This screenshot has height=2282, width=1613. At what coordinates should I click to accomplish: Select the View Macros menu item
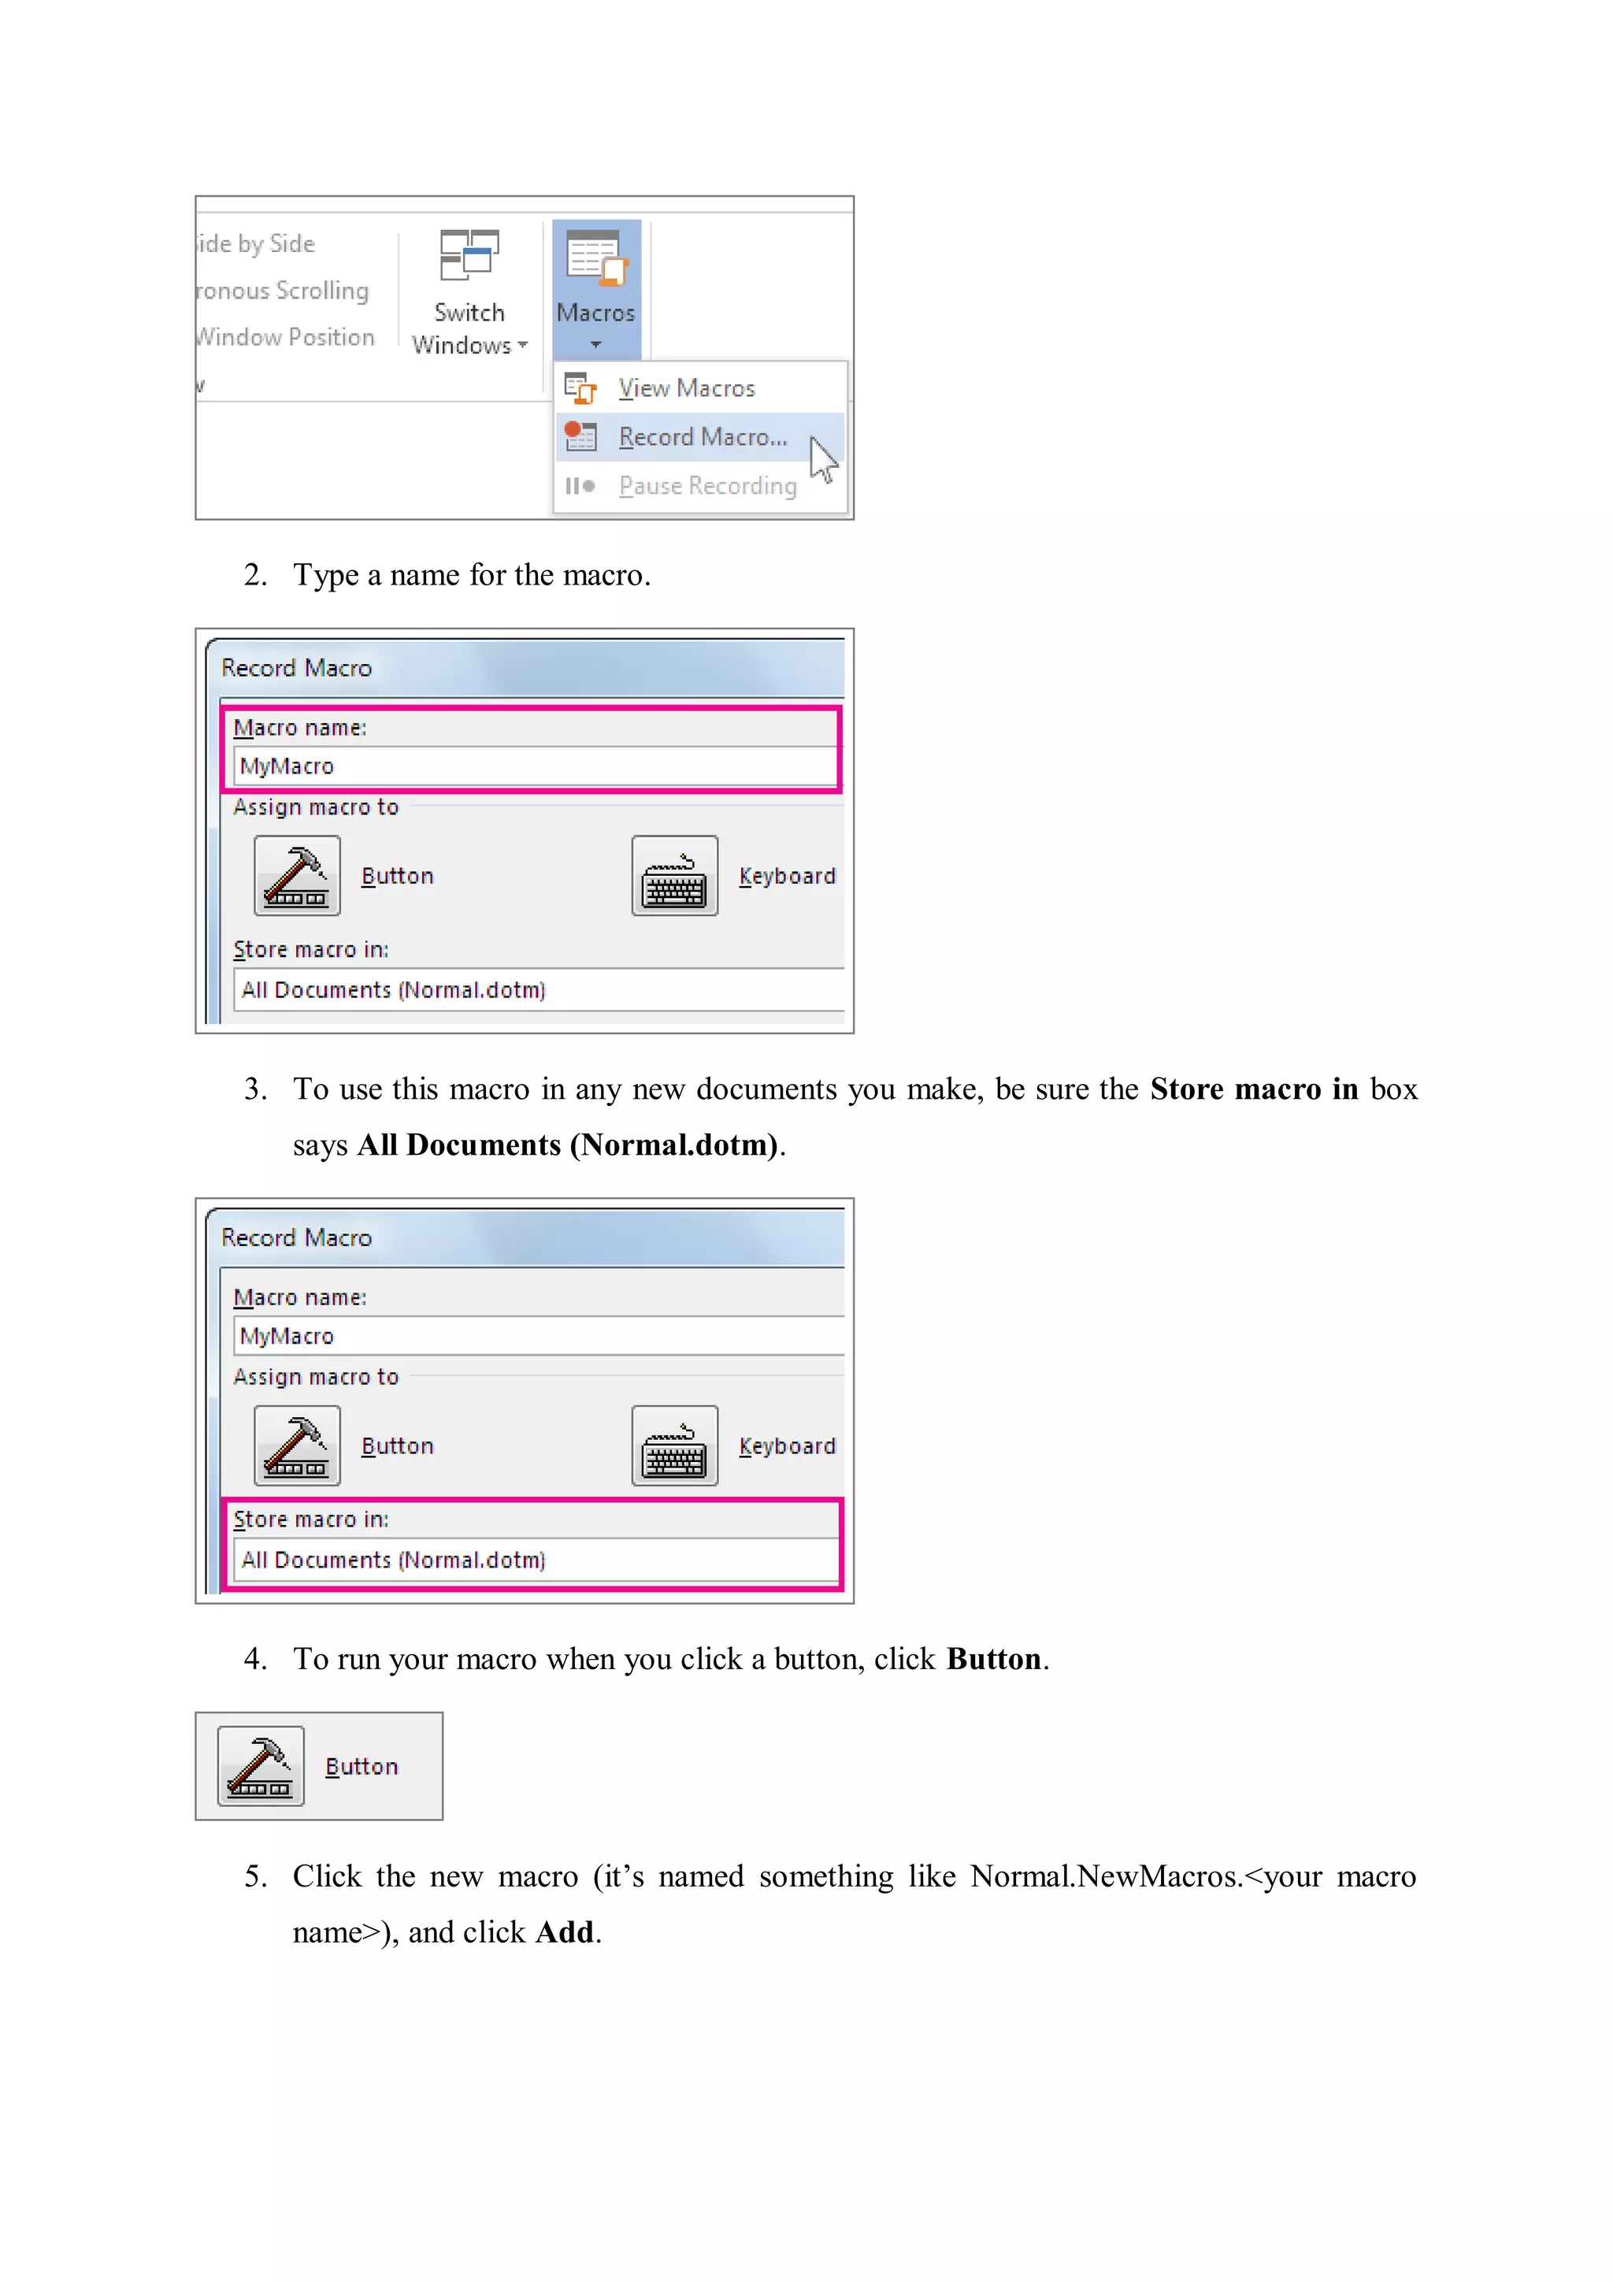(x=686, y=388)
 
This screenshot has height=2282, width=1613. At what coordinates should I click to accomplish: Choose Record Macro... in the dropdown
(x=702, y=437)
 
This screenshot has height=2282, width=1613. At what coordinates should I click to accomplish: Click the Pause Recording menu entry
(x=706, y=486)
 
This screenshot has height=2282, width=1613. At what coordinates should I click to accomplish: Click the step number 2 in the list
(x=254, y=576)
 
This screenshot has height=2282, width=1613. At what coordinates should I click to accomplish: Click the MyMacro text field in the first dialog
(x=535, y=766)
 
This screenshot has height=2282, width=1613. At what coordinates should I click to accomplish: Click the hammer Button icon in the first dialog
(x=297, y=876)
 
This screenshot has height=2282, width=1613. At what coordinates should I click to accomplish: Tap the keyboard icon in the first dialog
(x=675, y=876)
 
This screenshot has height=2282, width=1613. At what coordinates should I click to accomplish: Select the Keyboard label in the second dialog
(x=787, y=1446)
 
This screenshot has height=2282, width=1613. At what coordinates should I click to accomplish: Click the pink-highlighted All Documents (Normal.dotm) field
(x=535, y=1560)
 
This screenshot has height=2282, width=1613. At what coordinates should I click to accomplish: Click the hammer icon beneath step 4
(x=261, y=1766)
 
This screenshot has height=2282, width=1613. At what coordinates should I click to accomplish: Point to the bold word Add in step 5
(x=565, y=1932)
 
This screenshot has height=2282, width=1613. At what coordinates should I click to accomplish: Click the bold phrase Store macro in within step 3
(x=1253, y=1089)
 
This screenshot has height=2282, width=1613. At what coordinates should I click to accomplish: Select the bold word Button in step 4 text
(x=993, y=1659)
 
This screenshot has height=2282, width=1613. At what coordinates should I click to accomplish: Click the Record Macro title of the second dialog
(x=296, y=1237)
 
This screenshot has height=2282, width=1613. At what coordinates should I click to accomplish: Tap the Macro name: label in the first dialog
(x=300, y=728)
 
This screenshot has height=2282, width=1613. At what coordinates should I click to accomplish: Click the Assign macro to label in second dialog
(x=316, y=1377)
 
